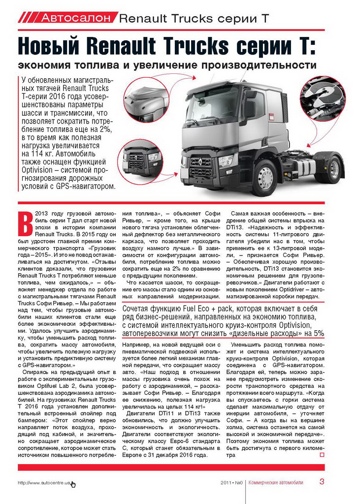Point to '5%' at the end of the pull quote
[x=318, y=333]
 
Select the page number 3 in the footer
[x=322, y=482]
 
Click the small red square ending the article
[x=322, y=455]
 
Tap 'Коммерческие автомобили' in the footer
[x=276, y=482]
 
